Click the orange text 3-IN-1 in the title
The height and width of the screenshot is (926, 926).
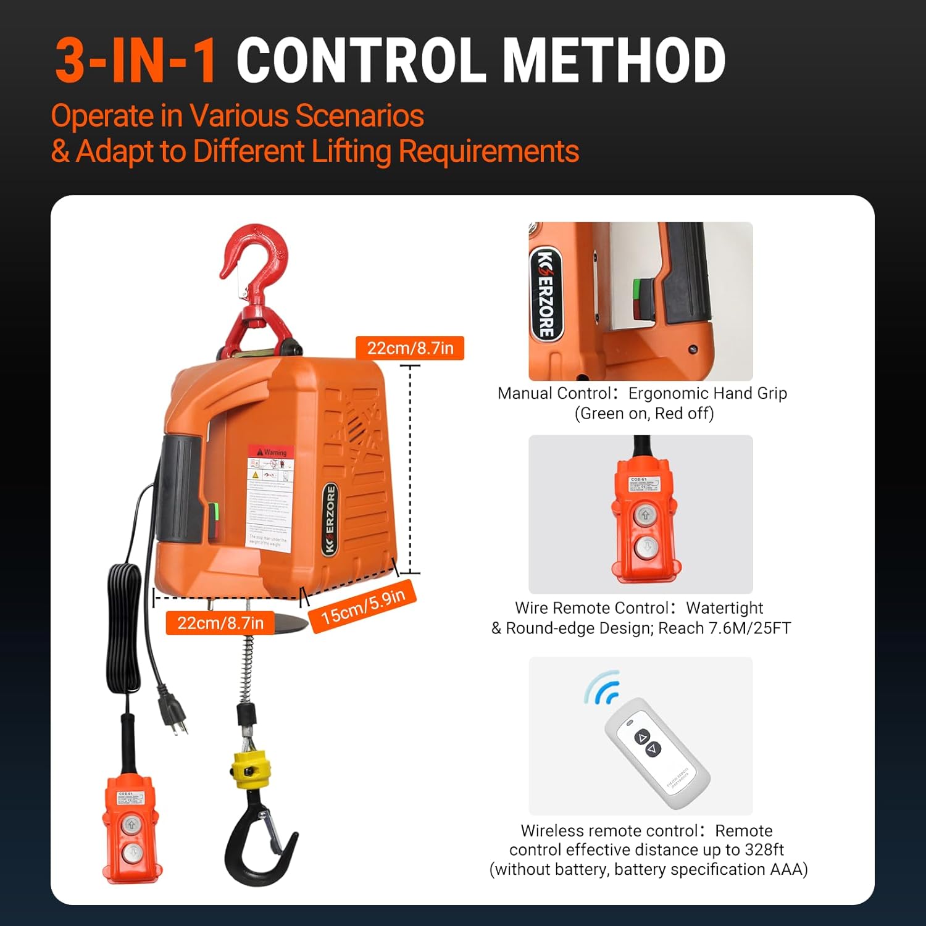pos(135,60)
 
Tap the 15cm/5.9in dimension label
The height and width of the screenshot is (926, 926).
pos(363,606)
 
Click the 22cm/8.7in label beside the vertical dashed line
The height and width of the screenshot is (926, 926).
pos(410,348)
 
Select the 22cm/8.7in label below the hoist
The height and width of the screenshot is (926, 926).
pos(220,623)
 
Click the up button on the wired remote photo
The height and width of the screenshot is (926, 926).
pos(645,514)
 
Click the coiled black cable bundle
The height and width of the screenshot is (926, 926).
pos(123,630)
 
